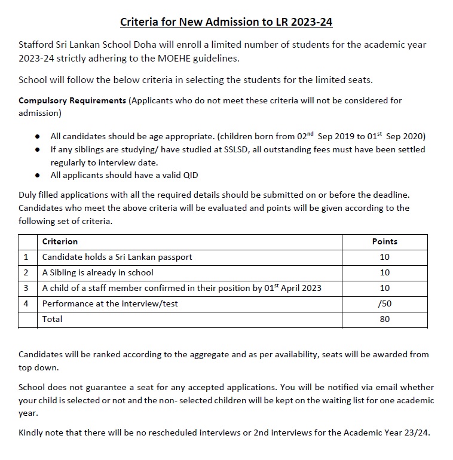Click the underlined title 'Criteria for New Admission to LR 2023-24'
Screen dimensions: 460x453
[x=227, y=23]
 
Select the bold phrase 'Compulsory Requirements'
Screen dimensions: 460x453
[x=72, y=100]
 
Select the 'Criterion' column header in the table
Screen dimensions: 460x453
[x=60, y=241]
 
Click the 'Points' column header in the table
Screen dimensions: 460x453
[x=384, y=241]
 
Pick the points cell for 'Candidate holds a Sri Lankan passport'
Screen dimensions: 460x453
[x=384, y=257]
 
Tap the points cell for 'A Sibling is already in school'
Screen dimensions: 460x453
[x=384, y=272]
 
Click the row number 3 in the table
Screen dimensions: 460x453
[x=26, y=288]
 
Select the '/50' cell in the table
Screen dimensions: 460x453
[x=384, y=303]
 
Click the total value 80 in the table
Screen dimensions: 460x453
[x=384, y=319]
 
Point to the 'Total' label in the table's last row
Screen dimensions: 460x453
[x=52, y=319]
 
